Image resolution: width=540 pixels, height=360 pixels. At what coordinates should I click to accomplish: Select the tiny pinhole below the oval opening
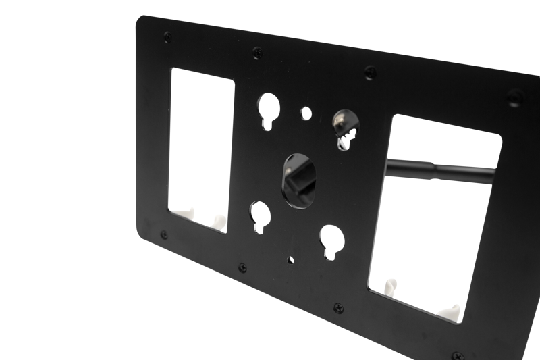(291, 257)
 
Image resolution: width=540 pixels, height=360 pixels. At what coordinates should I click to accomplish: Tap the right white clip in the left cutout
(217, 221)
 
